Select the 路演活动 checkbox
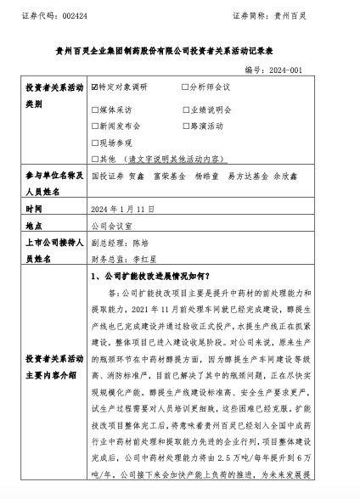[x=185, y=126]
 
